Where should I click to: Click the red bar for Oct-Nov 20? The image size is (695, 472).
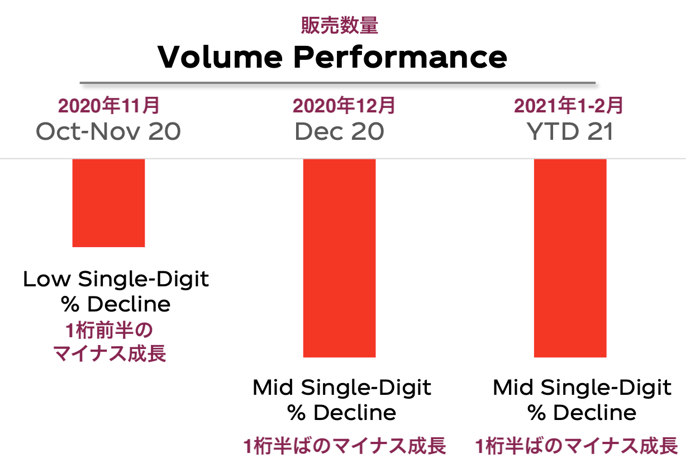(x=108, y=202)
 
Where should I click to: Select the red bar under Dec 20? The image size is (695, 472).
(x=339, y=257)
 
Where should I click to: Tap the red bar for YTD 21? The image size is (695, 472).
(x=570, y=257)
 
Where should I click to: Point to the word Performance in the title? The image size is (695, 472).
(x=401, y=56)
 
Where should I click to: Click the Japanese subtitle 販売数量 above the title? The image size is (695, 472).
(x=340, y=25)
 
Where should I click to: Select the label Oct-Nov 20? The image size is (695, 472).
(x=108, y=131)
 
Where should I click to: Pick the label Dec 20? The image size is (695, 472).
(x=339, y=131)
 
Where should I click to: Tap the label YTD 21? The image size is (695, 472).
(x=570, y=131)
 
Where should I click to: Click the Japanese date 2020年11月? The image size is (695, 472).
(x=109, y=105)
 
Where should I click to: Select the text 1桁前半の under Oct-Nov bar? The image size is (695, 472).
(x=108, y=331)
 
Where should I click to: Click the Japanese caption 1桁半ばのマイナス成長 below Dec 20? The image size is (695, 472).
(x=344, y=446)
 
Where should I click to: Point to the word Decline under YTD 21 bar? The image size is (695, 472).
(x=594, y=413)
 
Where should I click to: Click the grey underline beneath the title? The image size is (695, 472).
(x=337, y=84)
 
